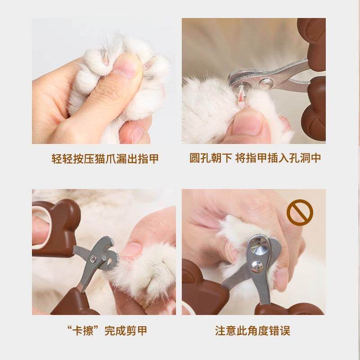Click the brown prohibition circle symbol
pyautogui.click(x=300, y=212)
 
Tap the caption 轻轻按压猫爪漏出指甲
pyautogui.click(x=105, y=159)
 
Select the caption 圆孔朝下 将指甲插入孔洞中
pyautogui.click(x=255, y=158)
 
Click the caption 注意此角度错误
pyautogui.click(x=252, y=331)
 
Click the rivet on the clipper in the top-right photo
pyautogui.click(x=265, y=83)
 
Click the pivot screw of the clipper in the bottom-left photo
pyautogui.click(x=93, y=258)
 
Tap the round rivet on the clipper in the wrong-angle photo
pyautogui.click(x=257, y=267)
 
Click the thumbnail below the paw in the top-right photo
pyautogui.click(x=246, y=124)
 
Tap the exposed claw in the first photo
pyautogui.click(x=105, y=58)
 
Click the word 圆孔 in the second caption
pyautogui.click(x=200, y=158)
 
